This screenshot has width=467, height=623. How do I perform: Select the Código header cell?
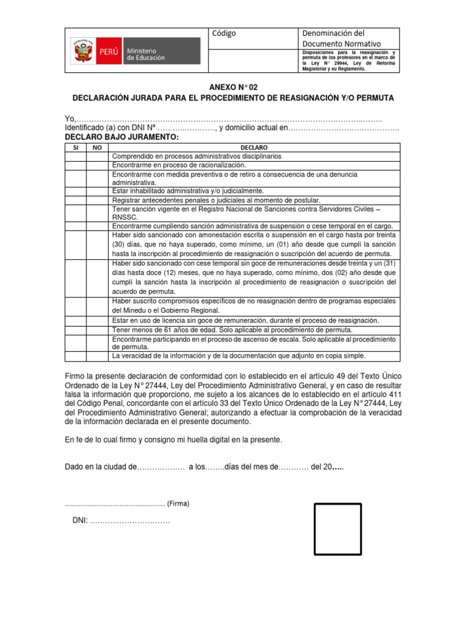pos(224,33)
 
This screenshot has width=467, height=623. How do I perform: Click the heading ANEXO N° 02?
pos(233,87)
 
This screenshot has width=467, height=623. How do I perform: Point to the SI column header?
pos(75,148)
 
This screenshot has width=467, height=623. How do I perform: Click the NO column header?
pos(97,148)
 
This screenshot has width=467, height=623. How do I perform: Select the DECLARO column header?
pos(254,148)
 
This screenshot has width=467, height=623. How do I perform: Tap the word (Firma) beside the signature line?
pos(178,504)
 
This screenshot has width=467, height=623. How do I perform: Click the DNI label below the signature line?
pos(80,521)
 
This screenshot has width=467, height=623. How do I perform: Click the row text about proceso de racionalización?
pos(179,165)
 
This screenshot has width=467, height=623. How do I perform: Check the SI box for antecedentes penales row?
pos(75,200)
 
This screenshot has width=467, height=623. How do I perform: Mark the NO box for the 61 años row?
pos(97,329)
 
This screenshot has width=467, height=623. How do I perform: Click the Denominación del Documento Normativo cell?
pos(341,38)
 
